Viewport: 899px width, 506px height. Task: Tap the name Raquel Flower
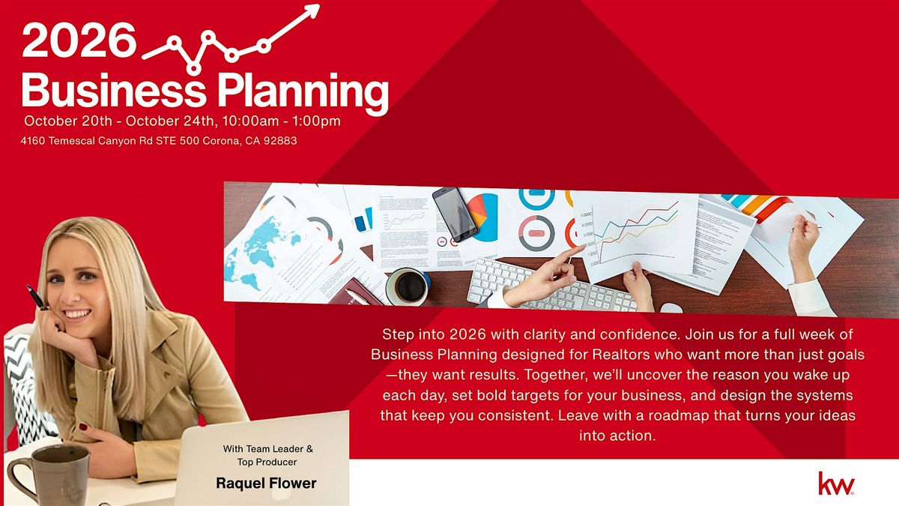click(266, 483)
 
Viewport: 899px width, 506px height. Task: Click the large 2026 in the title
click(79, 40)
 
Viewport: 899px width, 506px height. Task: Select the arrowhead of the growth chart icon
click(311, 10)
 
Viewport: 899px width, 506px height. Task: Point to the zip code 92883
click(280, 141)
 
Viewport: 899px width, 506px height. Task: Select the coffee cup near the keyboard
click(408, 286)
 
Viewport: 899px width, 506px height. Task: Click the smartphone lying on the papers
click(455, 214)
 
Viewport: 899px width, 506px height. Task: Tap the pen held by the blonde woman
click(37, 298)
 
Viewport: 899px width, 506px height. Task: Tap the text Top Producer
click(267, 463)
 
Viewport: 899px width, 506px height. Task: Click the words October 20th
click(68, 121)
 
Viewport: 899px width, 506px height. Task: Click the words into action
click(617, 436)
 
